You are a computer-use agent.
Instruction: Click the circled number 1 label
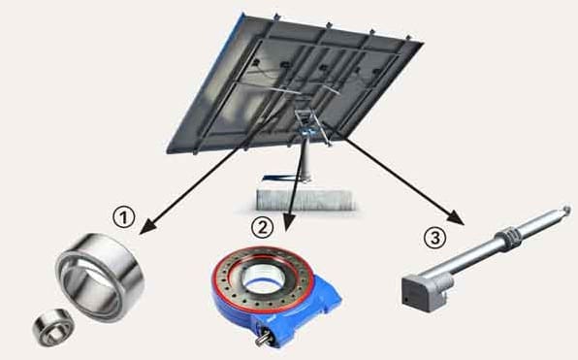click(123, 217)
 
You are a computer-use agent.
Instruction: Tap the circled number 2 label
click(262, 227)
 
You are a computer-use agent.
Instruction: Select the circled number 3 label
click(435, 237)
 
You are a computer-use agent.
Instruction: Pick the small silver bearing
click(52, 327)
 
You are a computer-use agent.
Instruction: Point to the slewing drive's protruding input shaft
click(264, 338)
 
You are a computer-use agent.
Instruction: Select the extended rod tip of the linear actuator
click(564, 210)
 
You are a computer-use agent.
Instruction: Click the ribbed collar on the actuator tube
click(510, 237)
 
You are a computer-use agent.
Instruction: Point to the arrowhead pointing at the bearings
click(148, 226)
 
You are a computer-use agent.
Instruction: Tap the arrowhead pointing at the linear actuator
click(455, 216)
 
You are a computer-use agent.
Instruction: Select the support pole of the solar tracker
click(305, 159)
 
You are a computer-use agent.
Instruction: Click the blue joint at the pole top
click(306, 132)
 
